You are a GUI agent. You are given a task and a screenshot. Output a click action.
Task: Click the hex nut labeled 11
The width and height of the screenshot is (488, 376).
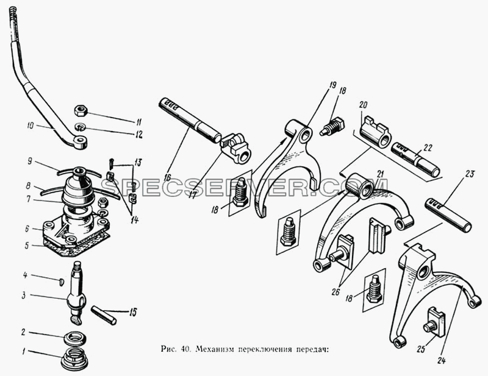[x=81, y=110]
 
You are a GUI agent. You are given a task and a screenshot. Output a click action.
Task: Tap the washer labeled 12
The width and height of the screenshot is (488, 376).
[x=81, y=127]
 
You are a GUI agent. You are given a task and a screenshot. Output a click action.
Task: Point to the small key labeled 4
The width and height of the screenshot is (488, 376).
[x=62, y=282]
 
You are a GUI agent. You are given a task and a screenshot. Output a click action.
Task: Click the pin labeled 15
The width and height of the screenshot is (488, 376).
[x=104, y=315]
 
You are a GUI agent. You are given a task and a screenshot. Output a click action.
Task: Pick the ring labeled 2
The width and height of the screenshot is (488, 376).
[x=76, y=338]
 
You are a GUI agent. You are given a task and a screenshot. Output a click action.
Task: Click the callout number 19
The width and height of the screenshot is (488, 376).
[x=332, y=85]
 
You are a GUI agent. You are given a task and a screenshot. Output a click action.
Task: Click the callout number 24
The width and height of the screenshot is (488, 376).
[x=441, y=360]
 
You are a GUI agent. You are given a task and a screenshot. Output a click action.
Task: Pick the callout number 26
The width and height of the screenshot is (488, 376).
[x=335, y=293]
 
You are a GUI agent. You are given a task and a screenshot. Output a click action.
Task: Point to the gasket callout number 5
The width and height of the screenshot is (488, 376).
[x=27, y=246]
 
